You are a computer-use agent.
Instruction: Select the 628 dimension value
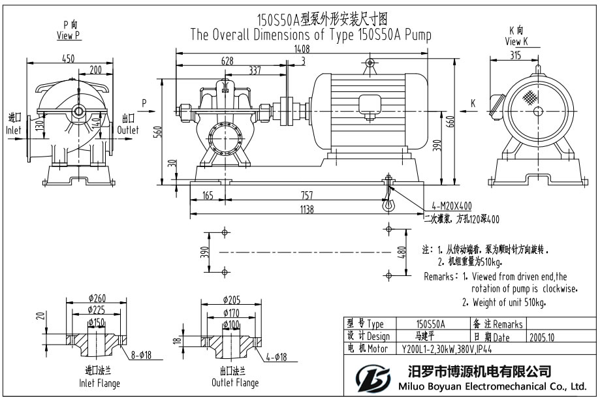227,61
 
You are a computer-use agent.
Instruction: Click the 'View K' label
516,42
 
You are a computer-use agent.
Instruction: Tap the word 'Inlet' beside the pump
14,130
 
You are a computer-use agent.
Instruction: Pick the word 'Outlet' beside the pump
128,130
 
